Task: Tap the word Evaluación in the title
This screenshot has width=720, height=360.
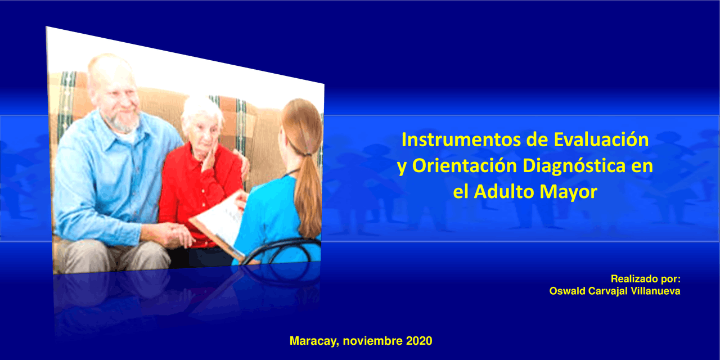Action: [601, 140]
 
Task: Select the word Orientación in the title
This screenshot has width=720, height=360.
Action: [465, 166]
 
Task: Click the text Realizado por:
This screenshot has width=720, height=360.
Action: [645, 279]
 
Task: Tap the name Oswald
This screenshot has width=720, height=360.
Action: [568, 291]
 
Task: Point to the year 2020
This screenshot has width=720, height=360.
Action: [419, 341]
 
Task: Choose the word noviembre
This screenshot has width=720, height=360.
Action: [372, 341]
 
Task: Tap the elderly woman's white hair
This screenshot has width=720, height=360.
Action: [201, 111]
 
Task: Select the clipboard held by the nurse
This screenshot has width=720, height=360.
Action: [219, 225]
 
